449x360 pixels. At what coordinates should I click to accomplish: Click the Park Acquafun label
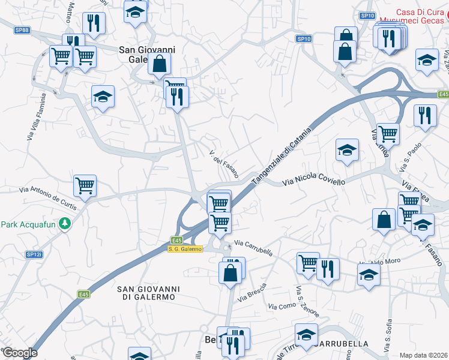[28, 224]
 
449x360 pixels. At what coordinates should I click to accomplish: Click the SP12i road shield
[34, 254]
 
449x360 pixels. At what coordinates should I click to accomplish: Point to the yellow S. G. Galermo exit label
[185, 248]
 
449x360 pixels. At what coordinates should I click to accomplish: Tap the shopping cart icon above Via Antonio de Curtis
[85, 185]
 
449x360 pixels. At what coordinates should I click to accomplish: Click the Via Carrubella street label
[253, 248]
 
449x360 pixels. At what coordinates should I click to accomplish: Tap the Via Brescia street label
[252, 292]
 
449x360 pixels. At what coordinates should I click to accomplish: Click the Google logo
[20, 353]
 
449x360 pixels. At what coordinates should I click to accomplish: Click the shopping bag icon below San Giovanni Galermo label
[159, 63]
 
